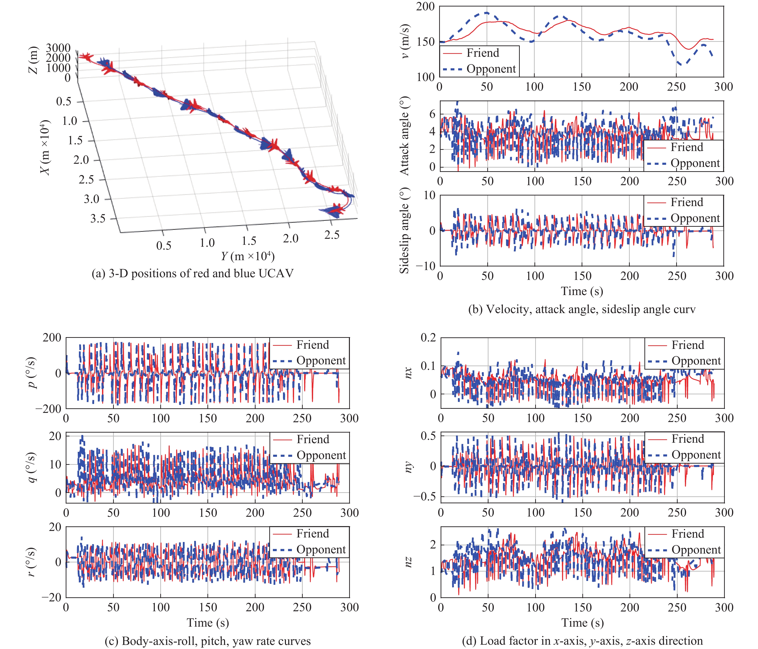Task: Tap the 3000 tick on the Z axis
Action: (58, 48)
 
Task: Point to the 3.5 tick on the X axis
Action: (98, 219)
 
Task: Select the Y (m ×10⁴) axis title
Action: (248, 256)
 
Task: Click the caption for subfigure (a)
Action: (193, 273)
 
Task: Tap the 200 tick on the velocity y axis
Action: (425, 6)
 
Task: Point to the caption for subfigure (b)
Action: (582, 309)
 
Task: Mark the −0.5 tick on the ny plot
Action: (425, 497)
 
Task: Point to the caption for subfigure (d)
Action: (582, 641)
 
